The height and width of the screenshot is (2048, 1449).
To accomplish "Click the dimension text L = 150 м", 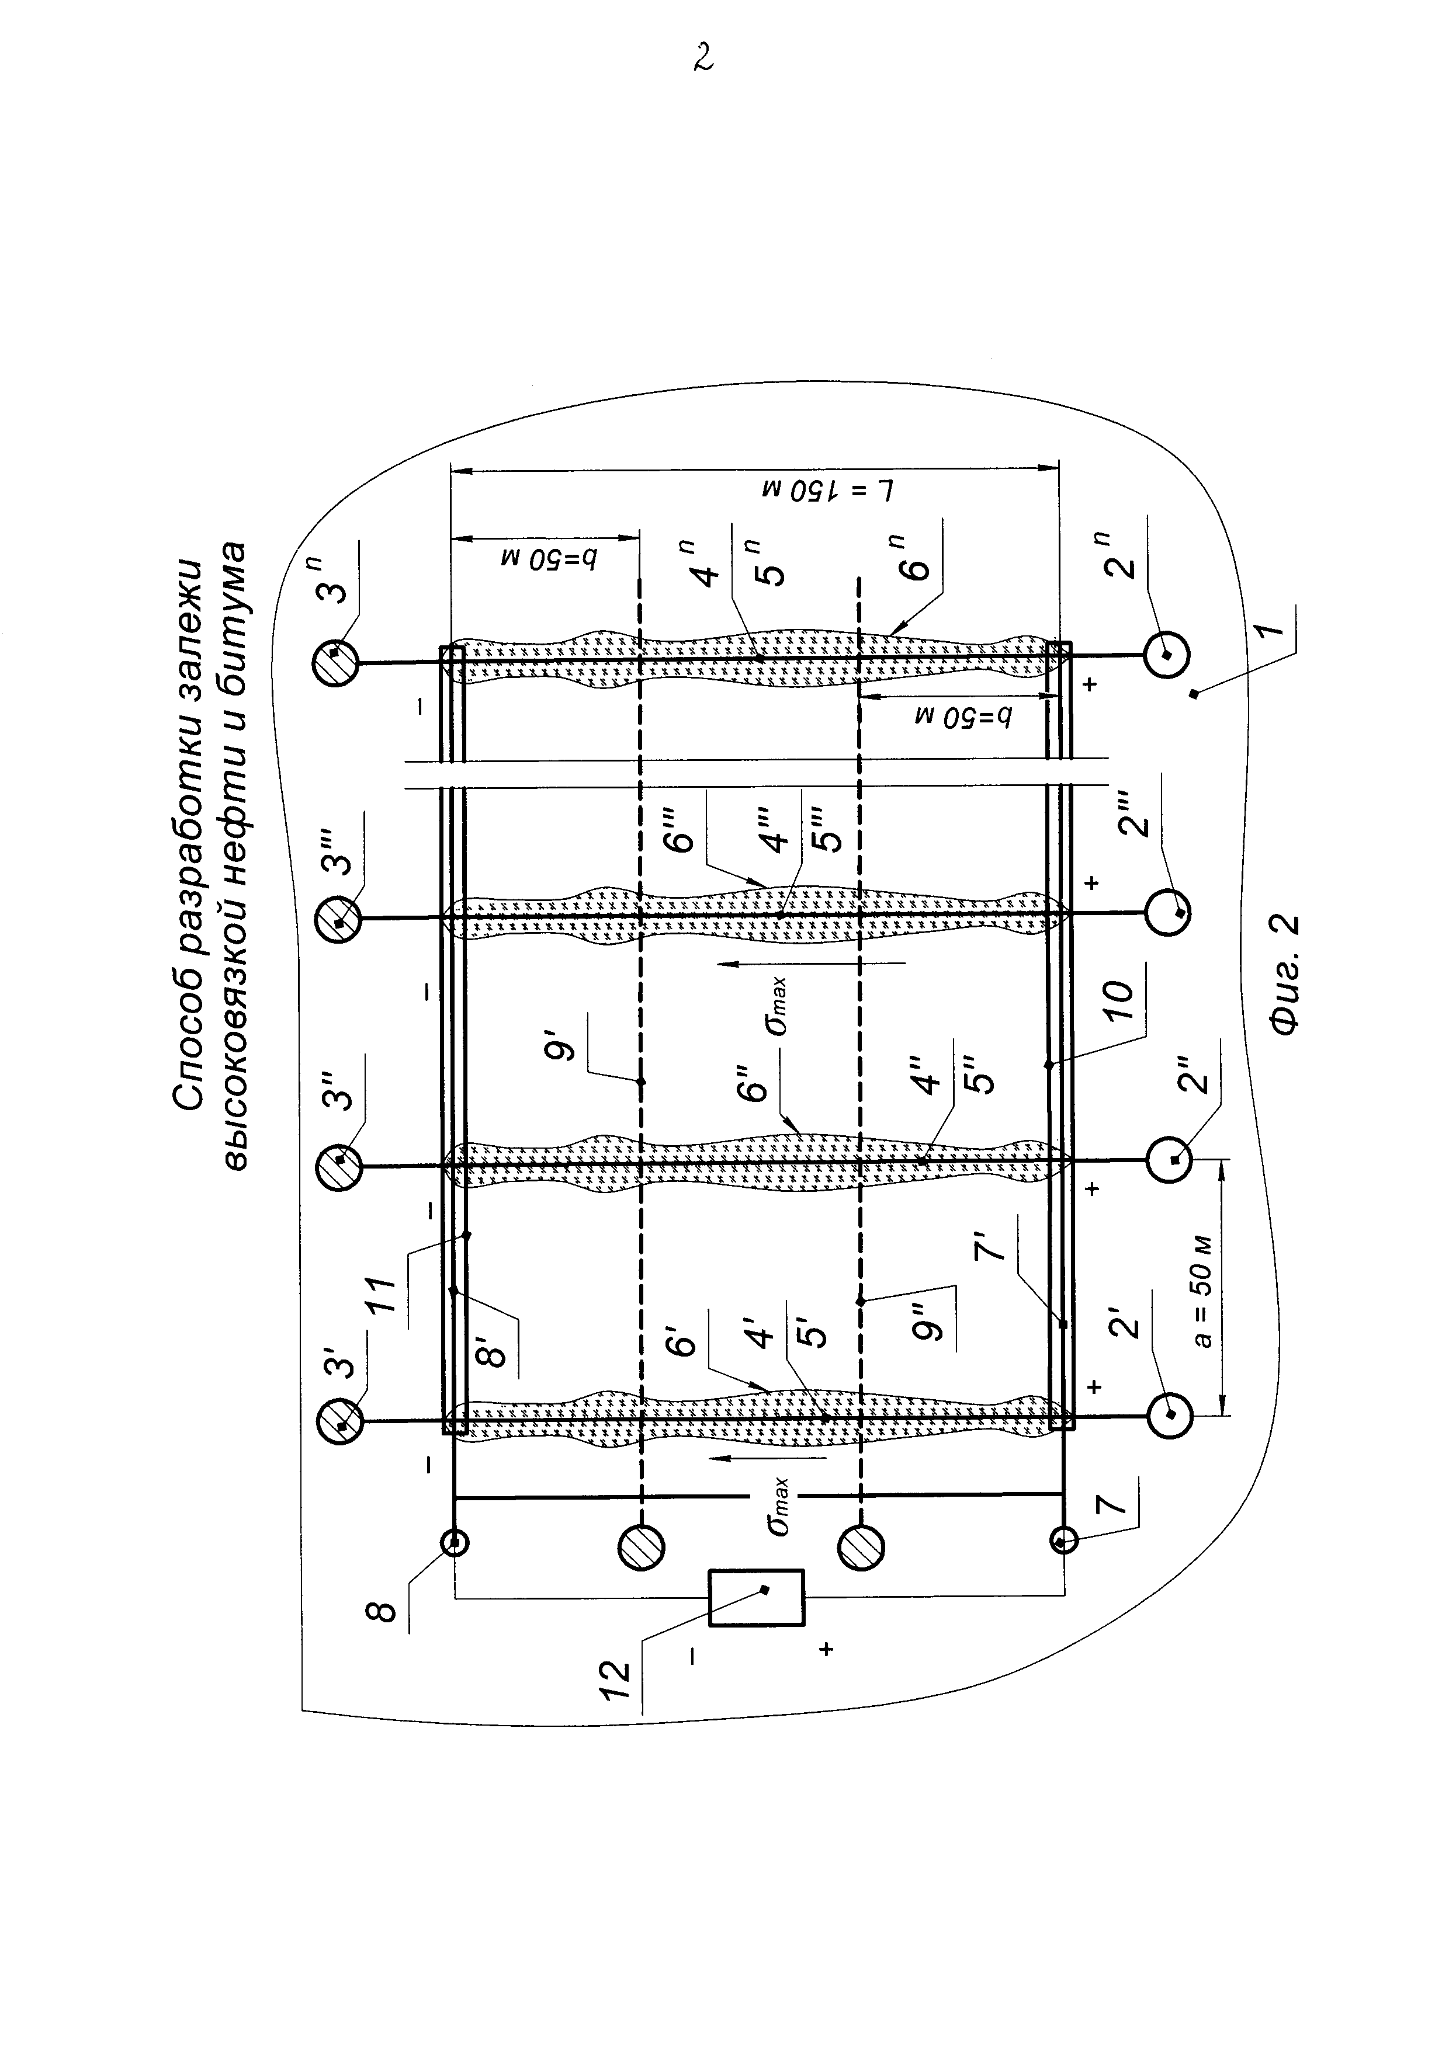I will (x=830, y=490).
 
